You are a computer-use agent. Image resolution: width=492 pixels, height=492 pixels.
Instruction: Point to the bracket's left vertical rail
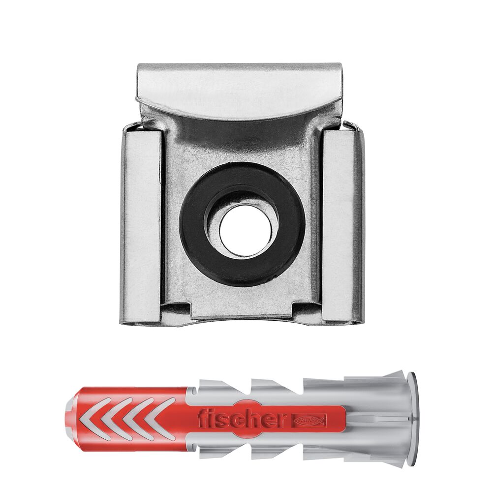click(141, 224)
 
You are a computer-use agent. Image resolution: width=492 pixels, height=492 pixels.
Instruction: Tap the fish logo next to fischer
click(309, 419)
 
